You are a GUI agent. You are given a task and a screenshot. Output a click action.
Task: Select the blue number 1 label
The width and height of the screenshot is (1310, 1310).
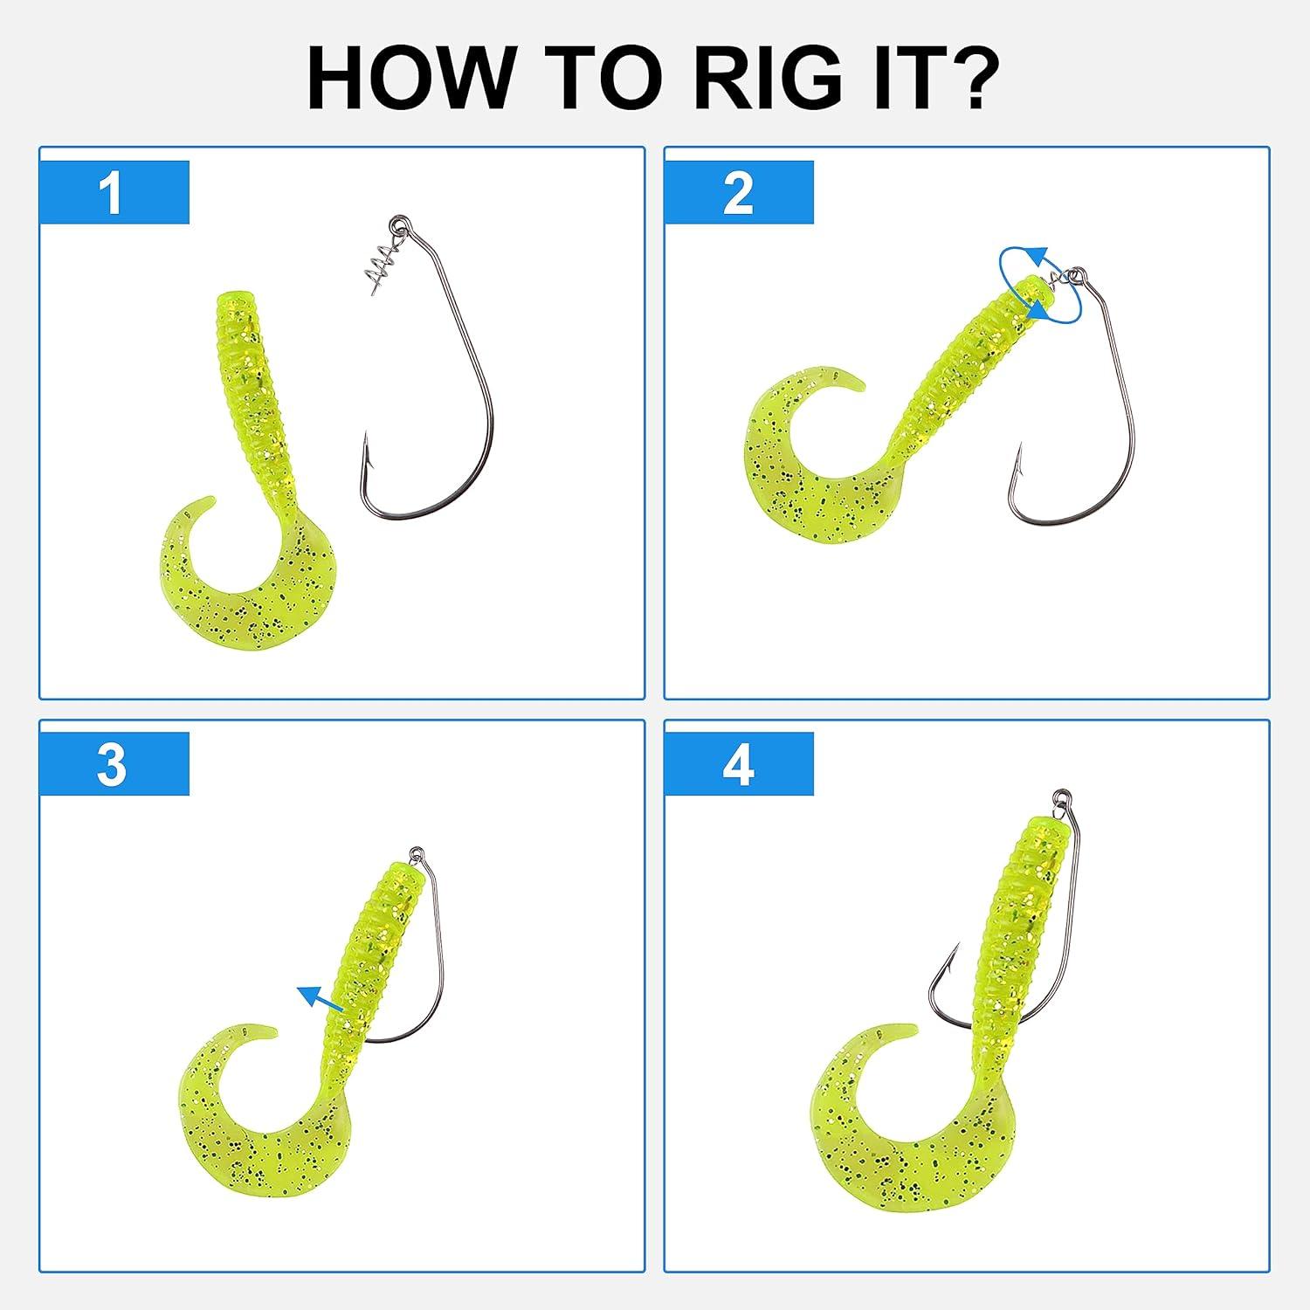(x=114, y=192)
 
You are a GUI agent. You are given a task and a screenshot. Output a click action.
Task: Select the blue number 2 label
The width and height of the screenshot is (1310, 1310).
(x=739, y=192)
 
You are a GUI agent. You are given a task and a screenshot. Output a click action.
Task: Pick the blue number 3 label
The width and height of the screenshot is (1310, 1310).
(x=114, y=764)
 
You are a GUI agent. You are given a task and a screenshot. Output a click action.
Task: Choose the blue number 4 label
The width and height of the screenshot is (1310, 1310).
(x=739, y=764)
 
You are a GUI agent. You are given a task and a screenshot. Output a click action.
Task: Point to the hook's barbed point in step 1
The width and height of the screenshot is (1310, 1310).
(x=367, y=448)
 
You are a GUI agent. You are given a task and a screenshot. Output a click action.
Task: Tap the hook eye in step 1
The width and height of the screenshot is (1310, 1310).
(x=400, y=224)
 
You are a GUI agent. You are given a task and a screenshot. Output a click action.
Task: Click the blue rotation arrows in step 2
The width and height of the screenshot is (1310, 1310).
(x=1041, y=285)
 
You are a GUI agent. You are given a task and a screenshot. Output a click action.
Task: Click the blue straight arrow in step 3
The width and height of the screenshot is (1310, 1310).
(x=321, y=997)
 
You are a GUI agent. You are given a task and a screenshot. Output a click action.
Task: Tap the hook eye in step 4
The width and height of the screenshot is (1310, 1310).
(x=1062, y=796)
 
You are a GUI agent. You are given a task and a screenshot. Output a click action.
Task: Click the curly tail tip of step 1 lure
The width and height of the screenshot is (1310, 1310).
(x=210, y=501)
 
